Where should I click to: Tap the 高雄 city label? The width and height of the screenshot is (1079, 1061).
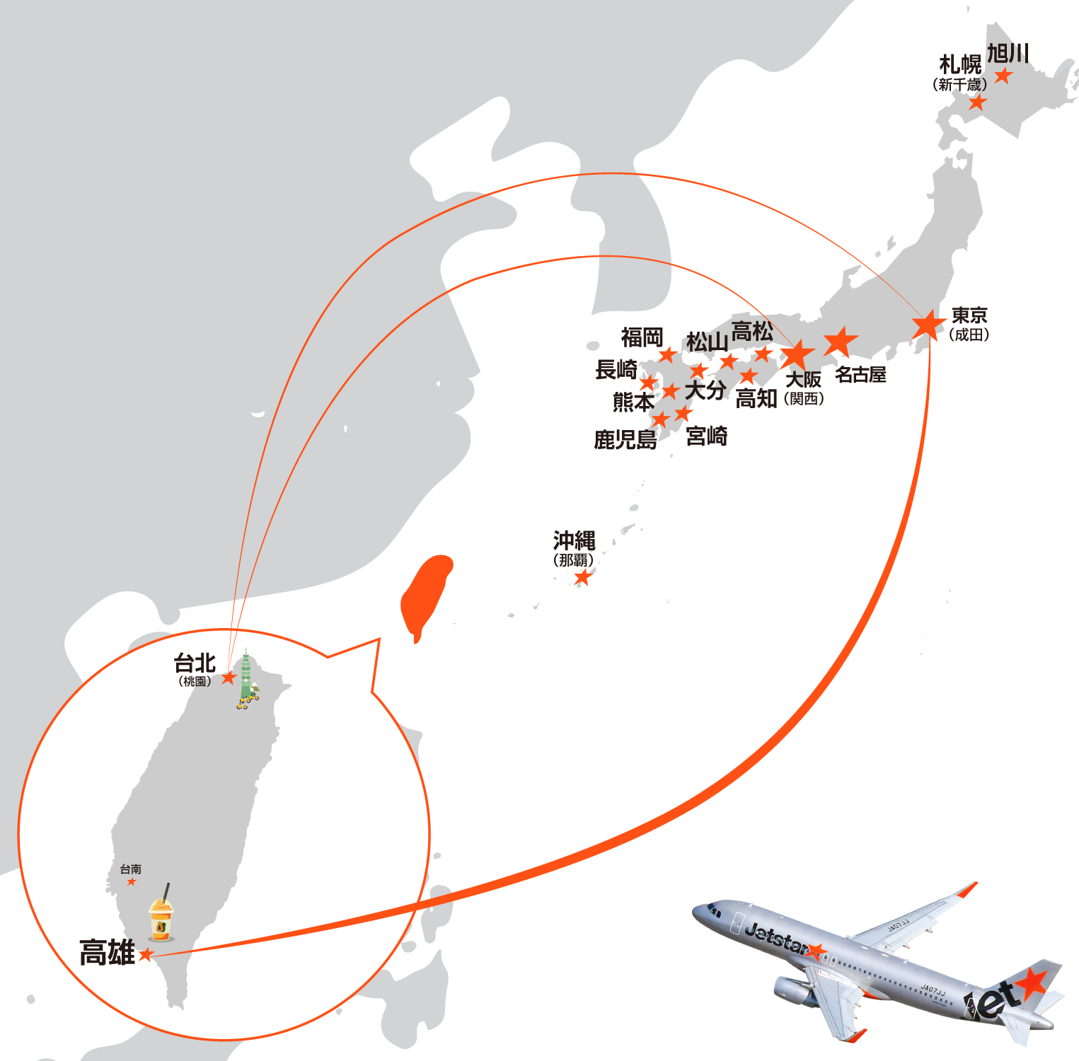[x=107, y=953]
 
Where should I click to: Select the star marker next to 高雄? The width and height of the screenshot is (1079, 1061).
[x=146, y=955]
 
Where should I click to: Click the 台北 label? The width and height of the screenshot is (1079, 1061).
[x=195, y=663]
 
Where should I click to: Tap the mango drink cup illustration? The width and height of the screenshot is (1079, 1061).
[x=161, y=920]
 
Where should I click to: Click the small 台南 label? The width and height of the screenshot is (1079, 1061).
[x=131, y=869]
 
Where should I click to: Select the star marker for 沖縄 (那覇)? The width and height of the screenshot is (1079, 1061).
[x=582, y=578]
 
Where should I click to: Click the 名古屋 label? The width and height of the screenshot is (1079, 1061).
[x=860, y=375]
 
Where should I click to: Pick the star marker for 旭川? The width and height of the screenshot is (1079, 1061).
[x=1003, y=76]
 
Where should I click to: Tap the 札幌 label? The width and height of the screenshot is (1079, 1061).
[x=961, y=65]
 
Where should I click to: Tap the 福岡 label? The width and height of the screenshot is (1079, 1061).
[x=642, y=337]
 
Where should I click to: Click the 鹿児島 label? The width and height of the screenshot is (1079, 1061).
[x=625, y=440]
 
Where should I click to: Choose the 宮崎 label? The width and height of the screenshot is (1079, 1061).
[x=706, y=436]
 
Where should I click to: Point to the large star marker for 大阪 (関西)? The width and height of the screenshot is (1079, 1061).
[x=797, y=354]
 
